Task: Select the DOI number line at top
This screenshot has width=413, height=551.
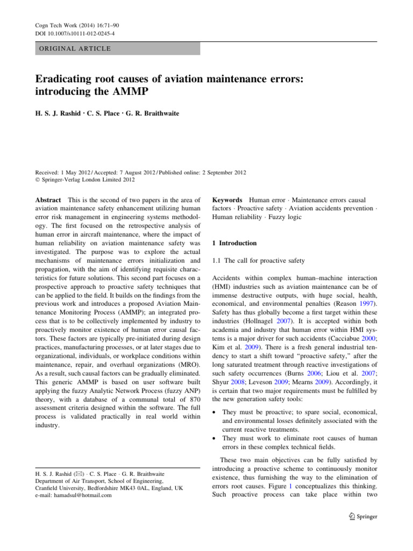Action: coord(71,34)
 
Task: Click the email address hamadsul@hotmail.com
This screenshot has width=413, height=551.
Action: coord(74,496)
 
